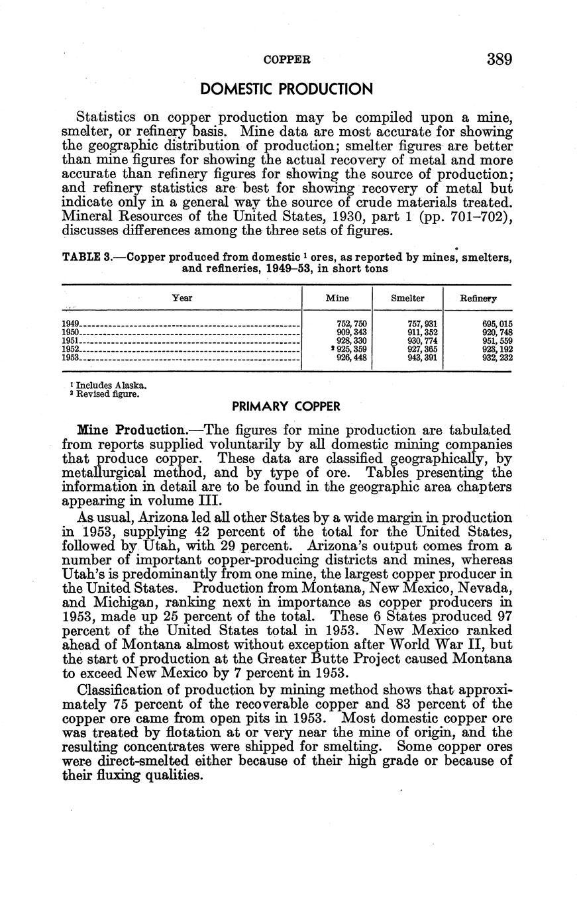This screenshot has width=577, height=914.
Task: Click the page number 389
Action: pyautogui.click(x=499, y=60)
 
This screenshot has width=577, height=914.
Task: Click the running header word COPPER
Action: pyautogui.click(x=287, y=60)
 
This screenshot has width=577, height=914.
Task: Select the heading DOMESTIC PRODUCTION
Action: pyautogui.click(x=287, y=89)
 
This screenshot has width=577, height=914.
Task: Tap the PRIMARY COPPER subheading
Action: pyautogui.click(x=286, y=406)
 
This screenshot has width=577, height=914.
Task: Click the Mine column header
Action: pyautogui.click(x=337, y=298)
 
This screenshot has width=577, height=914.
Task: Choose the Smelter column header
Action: pyautogui.click(x=407, y=298)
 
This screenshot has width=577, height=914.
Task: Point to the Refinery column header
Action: pyautogui.click(x=478, y=299)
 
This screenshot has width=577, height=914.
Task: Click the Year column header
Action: pyautogui.click(x=182, y=298)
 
